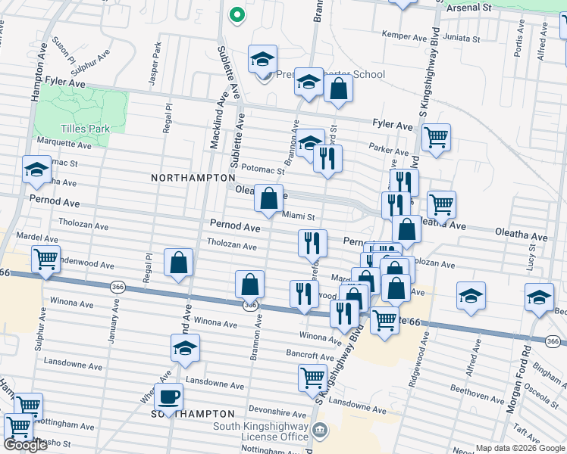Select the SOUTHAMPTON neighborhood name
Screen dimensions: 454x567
pyautogui.click(x=193, y=414)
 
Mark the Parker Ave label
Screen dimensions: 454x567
pyautogui.click(x=384, y=148)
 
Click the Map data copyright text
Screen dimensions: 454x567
pyautogui.click(x=519, y=448)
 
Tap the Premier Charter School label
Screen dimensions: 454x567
pyautogui.click(x=330, y=75)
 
